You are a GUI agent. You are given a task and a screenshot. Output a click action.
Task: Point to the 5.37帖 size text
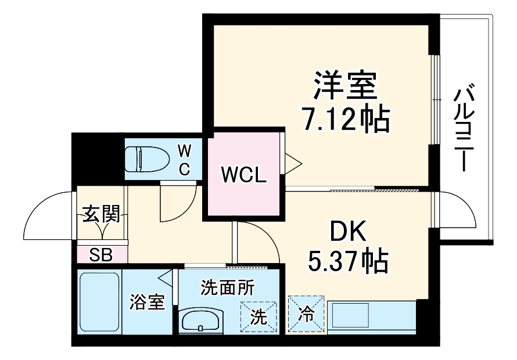point(347,261)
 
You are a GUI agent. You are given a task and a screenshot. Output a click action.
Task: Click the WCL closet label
point(243,174)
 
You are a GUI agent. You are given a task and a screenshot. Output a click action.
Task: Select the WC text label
point(184,160)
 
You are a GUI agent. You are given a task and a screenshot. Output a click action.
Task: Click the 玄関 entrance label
point(101,214)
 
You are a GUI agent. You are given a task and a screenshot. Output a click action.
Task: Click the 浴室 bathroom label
point(148,303)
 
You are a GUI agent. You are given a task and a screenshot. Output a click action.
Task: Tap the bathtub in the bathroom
point(98,303)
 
